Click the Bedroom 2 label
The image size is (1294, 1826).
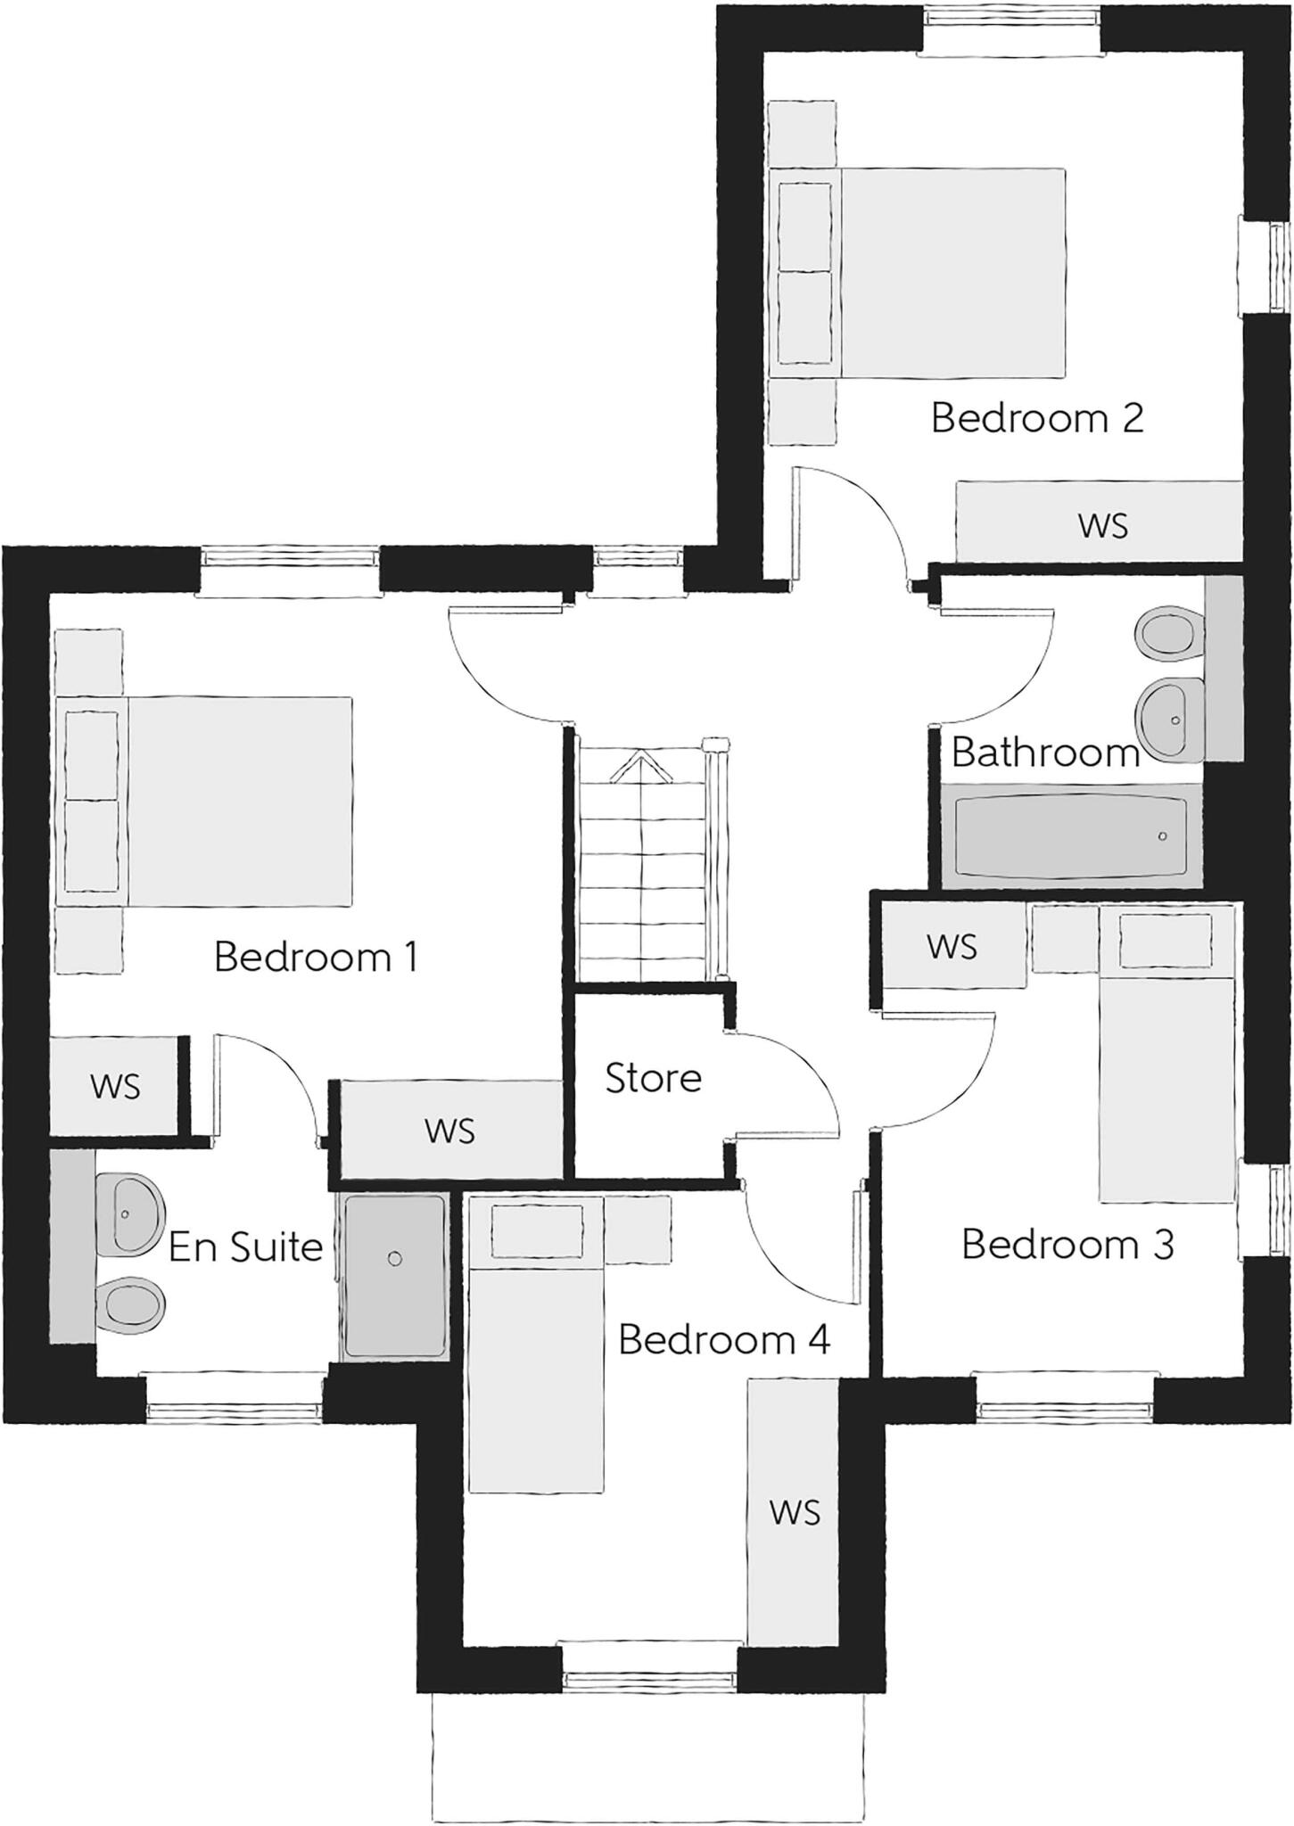click(x=1036, y=418)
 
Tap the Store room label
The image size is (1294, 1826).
click(x=653, y=1079)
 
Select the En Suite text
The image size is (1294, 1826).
click(x=245, y=1246)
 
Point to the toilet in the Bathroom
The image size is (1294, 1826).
click(x=1166, y=633)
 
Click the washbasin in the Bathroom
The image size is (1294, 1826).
click(x=1170, y=718)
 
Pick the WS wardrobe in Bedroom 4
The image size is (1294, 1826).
click(x=794, y=1511)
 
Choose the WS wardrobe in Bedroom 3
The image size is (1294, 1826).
click(x=952, y=946)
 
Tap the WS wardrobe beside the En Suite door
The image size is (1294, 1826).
click(x=450, y=1131)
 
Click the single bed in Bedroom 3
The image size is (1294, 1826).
click(x=1166, y=1088)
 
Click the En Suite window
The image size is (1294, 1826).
click(x=234, y=1410)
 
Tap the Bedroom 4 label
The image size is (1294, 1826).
click(x=723, y=1340)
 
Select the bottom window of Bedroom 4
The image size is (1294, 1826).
click(x=650, y=1680)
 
